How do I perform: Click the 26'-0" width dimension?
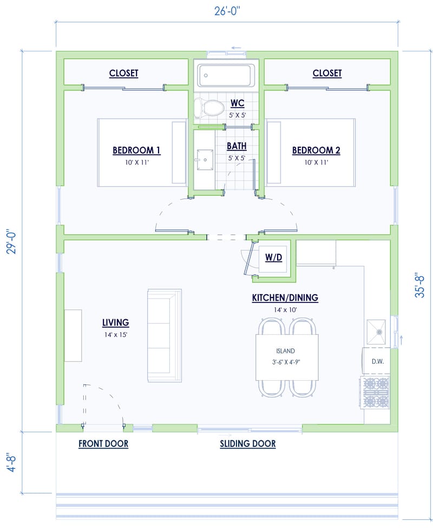(227, 10)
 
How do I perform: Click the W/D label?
(273, 258)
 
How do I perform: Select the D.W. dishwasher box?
(377, 361)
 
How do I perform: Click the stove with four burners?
(376, 393)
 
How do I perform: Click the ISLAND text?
(286, 351)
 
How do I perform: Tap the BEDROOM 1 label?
(136, 150)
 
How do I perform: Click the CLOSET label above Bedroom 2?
(327, 73)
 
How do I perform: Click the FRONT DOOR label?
(103, 444)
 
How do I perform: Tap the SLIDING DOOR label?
(247, 444)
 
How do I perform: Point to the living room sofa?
(164, 335)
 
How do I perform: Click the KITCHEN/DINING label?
(285, 298)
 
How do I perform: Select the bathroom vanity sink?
(205, 159)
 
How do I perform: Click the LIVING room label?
(115, 323)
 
